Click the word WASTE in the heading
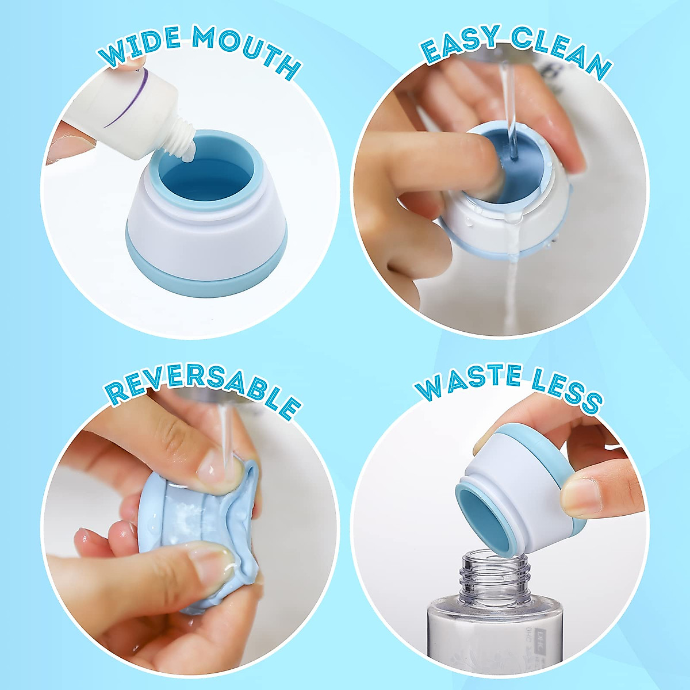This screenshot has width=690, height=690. coord(469,382)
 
